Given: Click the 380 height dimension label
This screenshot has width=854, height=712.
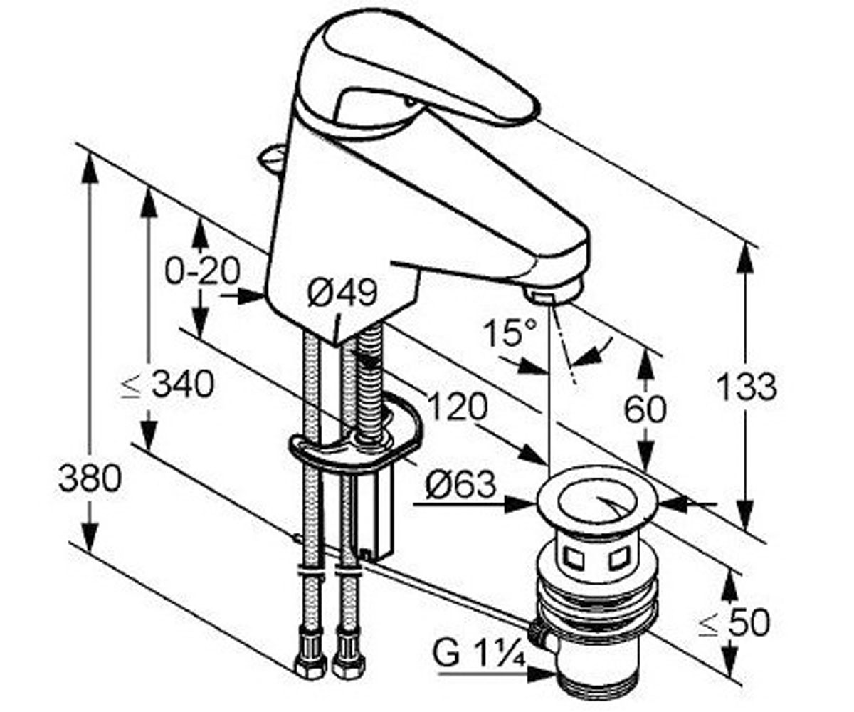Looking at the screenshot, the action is coord(90,478).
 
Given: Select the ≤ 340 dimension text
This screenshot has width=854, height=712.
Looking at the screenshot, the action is coord(168,384).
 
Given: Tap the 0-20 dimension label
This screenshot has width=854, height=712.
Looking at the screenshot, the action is coord(202,271).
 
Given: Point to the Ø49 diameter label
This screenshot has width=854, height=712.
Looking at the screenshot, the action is coord(342,293).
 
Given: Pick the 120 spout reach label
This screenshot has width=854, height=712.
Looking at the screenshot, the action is coord(458,407).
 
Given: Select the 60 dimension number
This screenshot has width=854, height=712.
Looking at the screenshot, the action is coord(645,409).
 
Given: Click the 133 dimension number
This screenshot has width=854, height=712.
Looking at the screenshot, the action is coord(747,387).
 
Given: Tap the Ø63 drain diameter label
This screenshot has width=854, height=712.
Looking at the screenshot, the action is coord(460,486).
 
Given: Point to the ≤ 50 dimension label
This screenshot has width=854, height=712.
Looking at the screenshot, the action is coord(734,623).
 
